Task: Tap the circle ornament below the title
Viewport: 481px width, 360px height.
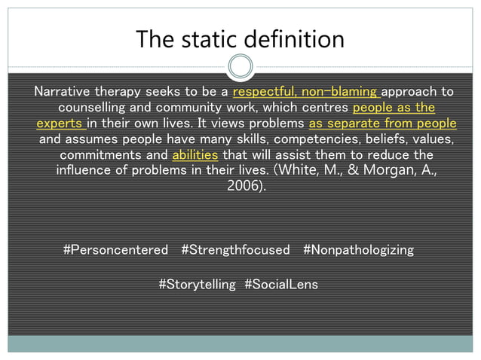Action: coord(240,67)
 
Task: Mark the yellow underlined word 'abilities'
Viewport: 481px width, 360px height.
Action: coord(195,155)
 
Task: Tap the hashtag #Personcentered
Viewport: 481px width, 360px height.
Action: coord(115,250)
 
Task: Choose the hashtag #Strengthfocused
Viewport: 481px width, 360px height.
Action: coord(235,250)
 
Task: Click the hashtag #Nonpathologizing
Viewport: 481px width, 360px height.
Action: coord(358,250)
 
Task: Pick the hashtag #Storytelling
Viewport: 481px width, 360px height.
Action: coord(197,285)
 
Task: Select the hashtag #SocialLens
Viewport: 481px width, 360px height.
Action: coord(281,285)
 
